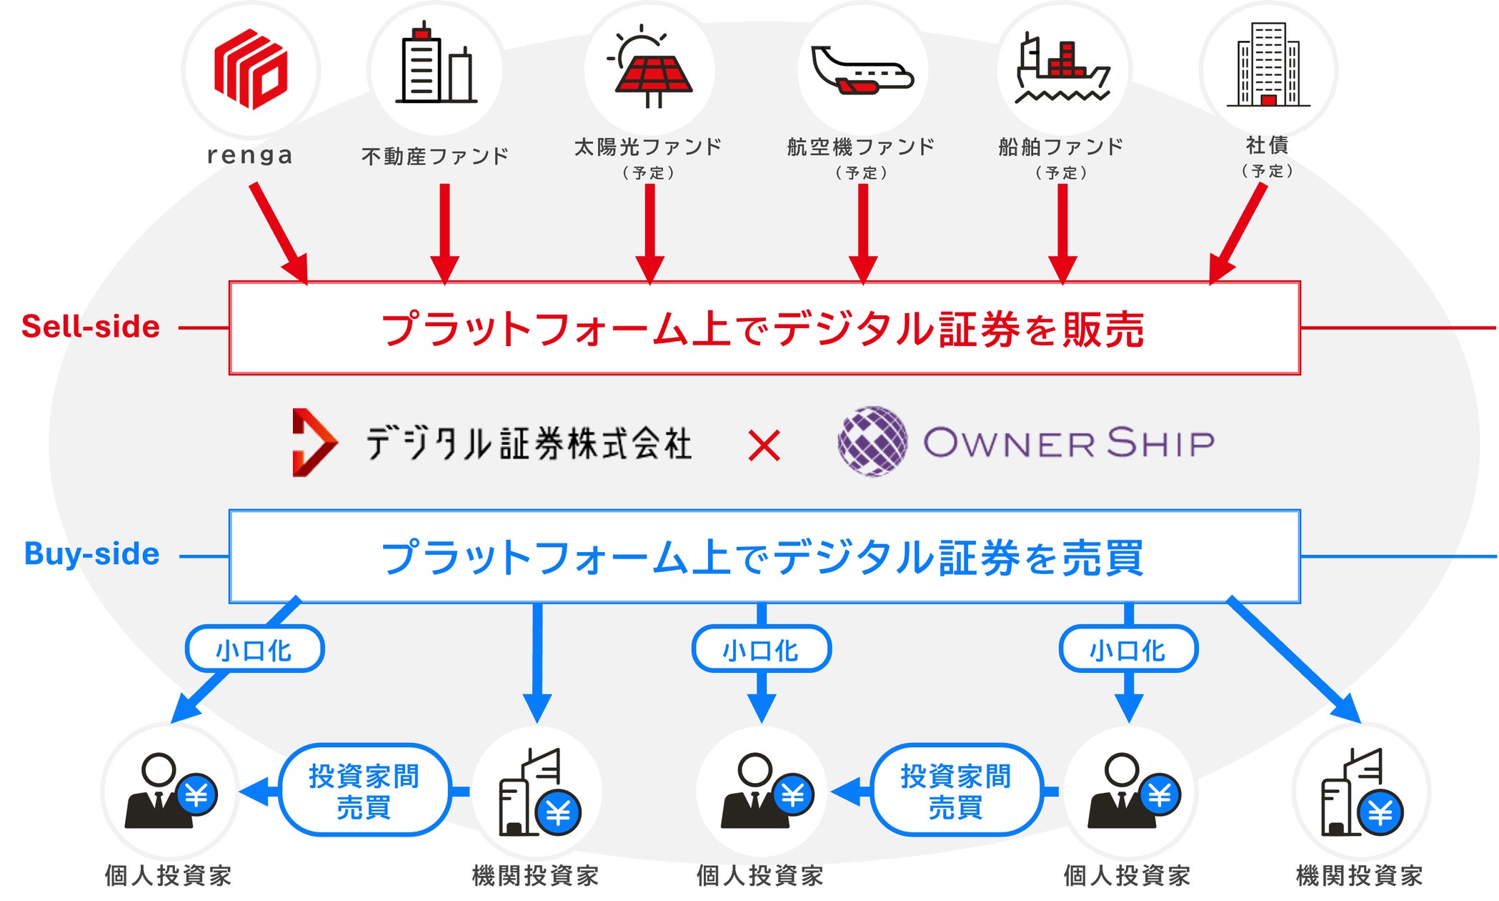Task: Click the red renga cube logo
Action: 251,69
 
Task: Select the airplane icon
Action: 862,70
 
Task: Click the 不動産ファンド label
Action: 435,156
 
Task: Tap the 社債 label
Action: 1268,145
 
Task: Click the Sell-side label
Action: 91,327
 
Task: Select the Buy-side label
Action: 91,554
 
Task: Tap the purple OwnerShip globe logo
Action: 873,441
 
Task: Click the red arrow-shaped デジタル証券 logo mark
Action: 314,443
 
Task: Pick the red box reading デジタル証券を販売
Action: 765,328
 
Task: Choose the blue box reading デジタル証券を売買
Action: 765,556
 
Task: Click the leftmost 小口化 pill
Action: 254,649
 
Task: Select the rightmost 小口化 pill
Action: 1128,649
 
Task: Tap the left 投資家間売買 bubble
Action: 364,790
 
